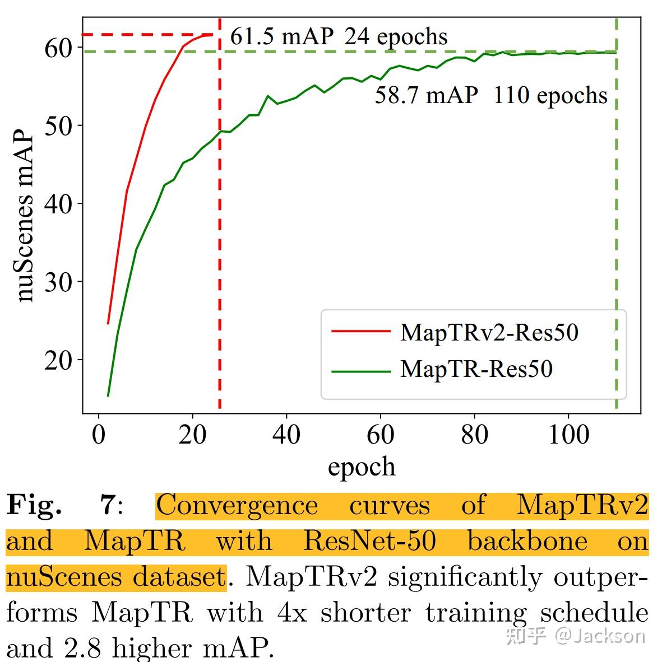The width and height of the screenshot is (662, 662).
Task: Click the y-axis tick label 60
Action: coord(59,48)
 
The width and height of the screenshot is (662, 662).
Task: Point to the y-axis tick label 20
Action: coord(59,360)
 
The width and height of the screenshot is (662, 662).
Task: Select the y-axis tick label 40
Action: coord(59,204)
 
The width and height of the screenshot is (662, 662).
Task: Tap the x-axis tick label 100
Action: coord(568,435)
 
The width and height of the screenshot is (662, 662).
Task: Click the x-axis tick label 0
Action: coord(99,435)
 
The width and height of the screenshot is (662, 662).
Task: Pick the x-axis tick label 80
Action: coord(474,435)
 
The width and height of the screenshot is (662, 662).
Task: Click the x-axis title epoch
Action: coord(362,467)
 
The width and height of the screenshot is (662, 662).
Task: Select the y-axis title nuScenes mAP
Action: coord(25,218)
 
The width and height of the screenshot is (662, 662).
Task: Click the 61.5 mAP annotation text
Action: coord(282,37)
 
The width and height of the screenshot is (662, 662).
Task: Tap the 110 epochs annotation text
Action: coord(550,96)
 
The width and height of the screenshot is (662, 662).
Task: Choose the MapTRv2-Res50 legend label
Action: coord(489,332)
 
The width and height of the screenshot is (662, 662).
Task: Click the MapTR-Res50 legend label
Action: coord(476,369)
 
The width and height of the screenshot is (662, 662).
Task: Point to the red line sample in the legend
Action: coord(360,332)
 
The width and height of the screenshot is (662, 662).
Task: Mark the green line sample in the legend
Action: coord(360,371)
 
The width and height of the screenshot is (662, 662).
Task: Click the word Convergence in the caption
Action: coord(237,505)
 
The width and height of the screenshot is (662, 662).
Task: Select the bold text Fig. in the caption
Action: coord(34,505)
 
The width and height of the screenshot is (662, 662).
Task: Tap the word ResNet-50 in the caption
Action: coord(369,542)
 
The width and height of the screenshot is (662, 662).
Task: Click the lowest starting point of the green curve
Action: coord(108,396)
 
